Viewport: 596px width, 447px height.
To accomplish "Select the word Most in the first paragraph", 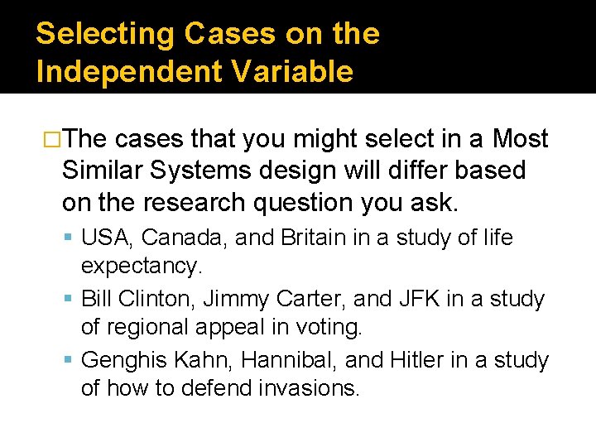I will [520, 138].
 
